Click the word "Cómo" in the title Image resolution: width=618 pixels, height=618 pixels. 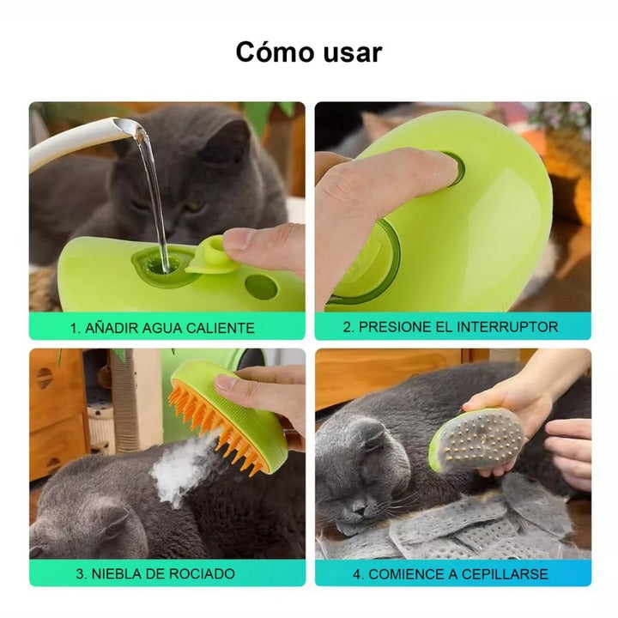click(273, 52)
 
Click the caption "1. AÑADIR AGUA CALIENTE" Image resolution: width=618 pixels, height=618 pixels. click(162, 327)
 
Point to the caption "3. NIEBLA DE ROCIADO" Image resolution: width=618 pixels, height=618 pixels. click(162, 573)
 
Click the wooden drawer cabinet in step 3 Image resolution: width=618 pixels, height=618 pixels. click(55, 412)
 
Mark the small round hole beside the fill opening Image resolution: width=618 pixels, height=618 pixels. click(259, 287)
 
